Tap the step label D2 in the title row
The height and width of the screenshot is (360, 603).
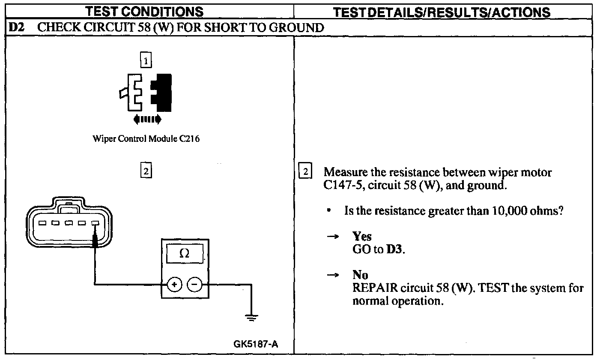point(18,28)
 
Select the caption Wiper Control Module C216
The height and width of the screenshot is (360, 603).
point(146,139)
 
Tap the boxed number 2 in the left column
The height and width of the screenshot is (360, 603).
point(146,171)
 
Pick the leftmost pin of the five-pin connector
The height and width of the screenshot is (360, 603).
point(42,223)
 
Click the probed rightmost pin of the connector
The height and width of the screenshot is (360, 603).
point(95,223)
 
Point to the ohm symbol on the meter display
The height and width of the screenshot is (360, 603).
point(185,253)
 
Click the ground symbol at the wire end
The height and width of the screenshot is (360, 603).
point(251,318)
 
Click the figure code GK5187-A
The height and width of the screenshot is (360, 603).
point(255,345)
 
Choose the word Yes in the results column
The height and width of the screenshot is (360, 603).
point(361,236)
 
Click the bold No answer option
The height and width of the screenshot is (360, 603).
point(360,274)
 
